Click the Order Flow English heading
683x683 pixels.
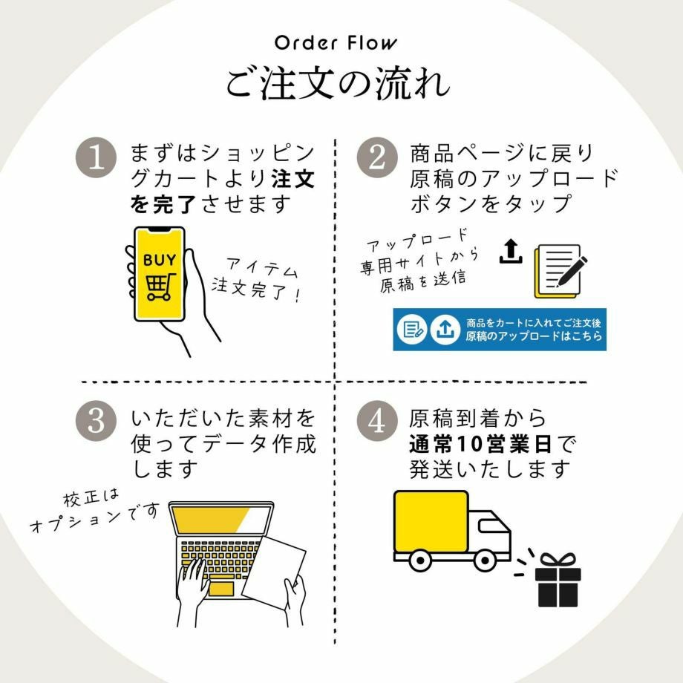coord(336,43)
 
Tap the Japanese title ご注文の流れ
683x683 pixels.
coord(338,83)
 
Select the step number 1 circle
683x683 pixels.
coord(97,158)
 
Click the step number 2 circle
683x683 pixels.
coord(377,158)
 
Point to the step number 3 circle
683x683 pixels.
coord(97,421)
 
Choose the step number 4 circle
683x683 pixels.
coord(377,421)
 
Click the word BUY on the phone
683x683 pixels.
coord(160,261)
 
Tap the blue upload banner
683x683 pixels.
coord(499,330)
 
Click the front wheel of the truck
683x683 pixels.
coord(484,560)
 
